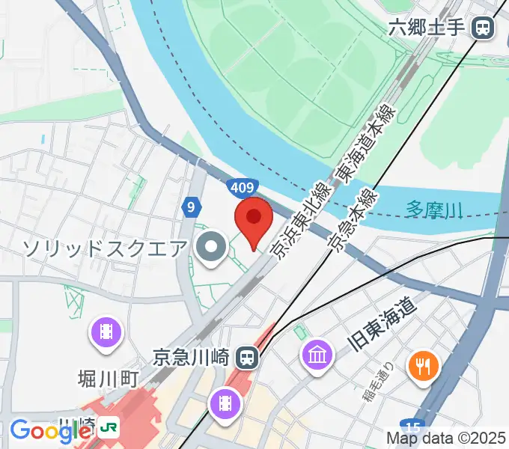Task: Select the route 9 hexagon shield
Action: [x=192, y=207]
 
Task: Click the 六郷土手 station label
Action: [x=427, y=29]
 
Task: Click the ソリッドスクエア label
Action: [x=104, y=247]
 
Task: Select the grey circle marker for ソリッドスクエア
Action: [x=212, y=248]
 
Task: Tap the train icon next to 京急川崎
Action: [x=245, y=358]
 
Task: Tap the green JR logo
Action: [x=109, y=429]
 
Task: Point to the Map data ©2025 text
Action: [x=445, y=438]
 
